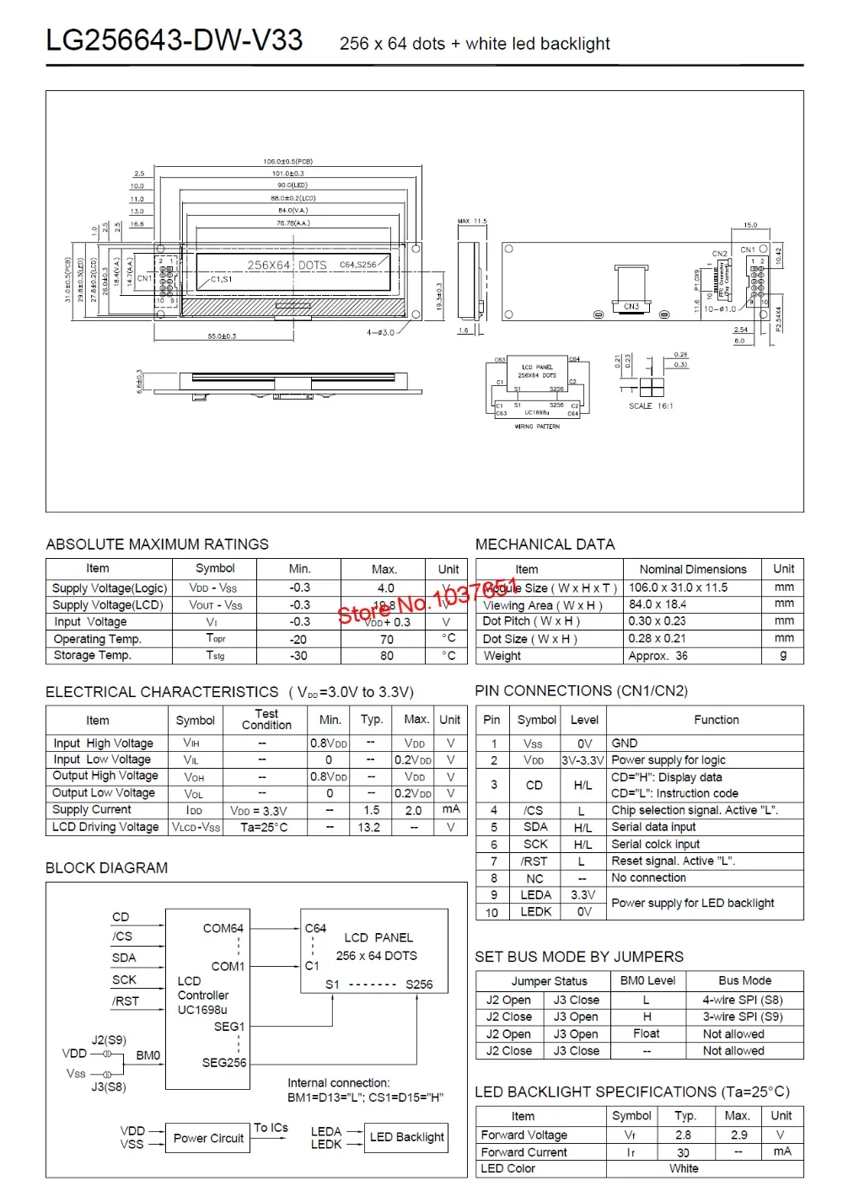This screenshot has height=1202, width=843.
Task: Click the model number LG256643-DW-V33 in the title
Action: click(x=175, y=40)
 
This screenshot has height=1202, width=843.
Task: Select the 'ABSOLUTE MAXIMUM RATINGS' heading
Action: click(x=157, y=545)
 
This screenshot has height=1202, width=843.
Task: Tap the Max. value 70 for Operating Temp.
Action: click(x=386, y=639)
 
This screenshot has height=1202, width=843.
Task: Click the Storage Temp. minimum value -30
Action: click(x=298, y=656)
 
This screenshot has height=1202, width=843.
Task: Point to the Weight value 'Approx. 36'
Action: click(x=658, y=656)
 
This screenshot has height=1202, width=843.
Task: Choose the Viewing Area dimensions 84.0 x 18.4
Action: click(x=658, y=604)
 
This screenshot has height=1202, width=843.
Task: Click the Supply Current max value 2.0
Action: click(x=413, y=810)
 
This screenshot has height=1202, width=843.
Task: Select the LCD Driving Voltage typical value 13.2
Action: click(x=369, y=827)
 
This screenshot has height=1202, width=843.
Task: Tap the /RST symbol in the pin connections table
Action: click(x=534, y=861)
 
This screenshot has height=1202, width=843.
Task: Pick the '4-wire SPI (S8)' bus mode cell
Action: click(x=743, y=1000)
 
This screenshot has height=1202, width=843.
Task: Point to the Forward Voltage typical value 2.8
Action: click(x=683, y=1135)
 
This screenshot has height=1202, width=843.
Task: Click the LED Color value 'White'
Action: click(x=684, y=1168)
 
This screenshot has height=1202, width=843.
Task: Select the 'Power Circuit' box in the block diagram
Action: click(x=208, y=1138)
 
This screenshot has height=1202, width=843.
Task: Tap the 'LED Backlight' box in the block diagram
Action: click(x=406, y=1137)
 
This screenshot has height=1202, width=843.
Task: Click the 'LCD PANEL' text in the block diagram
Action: click(x=379, y=937)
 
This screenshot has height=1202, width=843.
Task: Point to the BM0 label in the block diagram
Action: click(x=148, y=1055)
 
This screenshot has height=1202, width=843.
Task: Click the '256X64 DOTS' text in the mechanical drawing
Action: click(x=287, y=265)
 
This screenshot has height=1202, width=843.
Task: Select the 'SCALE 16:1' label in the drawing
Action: click(x=651, y=406)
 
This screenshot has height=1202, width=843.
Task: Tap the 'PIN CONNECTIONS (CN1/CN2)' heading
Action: click(x=581, y=691)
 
